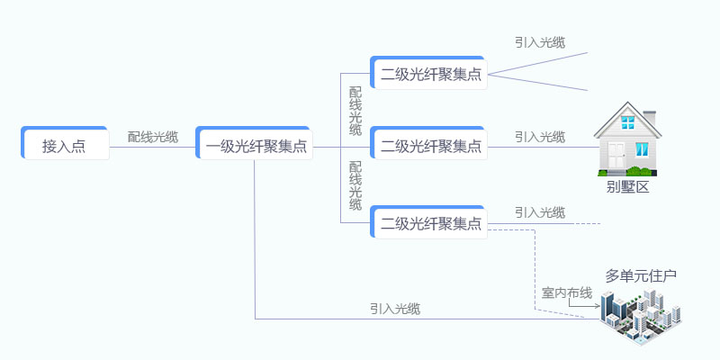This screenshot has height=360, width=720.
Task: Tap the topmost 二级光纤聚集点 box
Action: tap(428, 73)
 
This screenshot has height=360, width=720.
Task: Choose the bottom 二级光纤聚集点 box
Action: tap(428, 221)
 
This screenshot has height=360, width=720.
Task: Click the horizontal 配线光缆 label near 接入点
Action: tap(153, 137)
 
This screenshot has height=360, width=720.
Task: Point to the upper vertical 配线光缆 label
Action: tap(355, 111)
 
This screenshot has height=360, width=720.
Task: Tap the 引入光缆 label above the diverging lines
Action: tap(540, 42)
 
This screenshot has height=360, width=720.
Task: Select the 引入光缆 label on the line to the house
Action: tap(540, 137)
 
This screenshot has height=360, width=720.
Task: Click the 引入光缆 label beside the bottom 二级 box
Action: tap(540, 212)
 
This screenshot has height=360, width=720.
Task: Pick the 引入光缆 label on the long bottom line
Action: tap(395, 309)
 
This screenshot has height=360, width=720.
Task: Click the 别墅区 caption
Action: tap(628, 187)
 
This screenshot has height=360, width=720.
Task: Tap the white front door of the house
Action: tap(617, 156)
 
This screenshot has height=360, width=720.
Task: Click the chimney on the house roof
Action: tap(649, 116)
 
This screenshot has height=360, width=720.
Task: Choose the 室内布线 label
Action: tap(567, 292)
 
